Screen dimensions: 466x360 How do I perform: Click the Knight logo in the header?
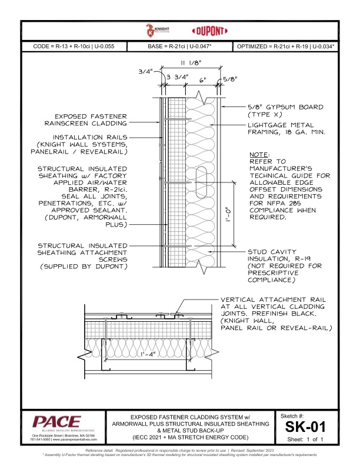click(x=151, y=31)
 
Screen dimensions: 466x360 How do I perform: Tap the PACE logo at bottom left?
click(x=57, y=422)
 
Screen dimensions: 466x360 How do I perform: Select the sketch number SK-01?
click(x=305, y=426)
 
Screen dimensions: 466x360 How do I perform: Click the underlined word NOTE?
click(x=259, y=154)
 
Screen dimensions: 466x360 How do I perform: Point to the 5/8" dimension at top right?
click(x=228, y=78)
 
